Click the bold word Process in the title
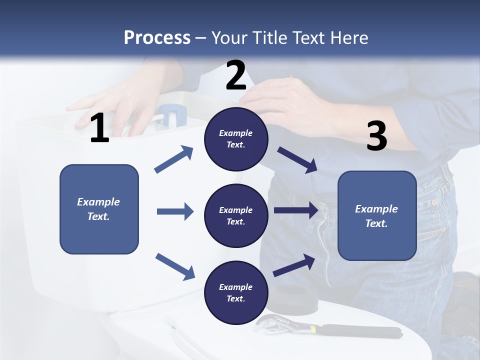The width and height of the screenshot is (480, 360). [x=157, y=38]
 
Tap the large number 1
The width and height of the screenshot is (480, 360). [x=99, y=128]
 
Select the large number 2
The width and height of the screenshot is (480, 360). [x=236, y=75]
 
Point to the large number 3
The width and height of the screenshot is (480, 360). [x=376, y=136]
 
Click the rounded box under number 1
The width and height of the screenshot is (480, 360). [x=99, y=209]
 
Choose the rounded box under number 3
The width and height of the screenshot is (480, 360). [x=377, y=215]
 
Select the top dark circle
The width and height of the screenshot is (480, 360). [x=236, y=139]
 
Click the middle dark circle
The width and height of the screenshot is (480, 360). [x=236, y=215]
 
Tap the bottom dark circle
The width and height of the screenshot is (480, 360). [x=236, y=292]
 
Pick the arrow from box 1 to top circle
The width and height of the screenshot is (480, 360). [x=174, y=159]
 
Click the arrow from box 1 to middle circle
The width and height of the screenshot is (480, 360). [x=175, y=211]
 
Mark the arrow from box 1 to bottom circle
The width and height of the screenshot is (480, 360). [x=175, y=266]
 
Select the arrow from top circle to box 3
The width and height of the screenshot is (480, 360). [x=297, y=159]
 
